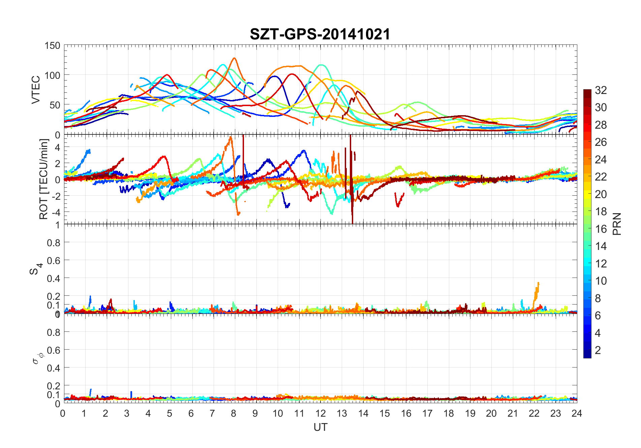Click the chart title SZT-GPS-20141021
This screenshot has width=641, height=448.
click(320, 34)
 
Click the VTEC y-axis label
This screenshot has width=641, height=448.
click(36, 90)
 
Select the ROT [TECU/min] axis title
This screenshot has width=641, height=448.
click(43, 179)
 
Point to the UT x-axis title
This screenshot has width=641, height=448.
click(320, 427)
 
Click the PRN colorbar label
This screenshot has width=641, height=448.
click(617, 224)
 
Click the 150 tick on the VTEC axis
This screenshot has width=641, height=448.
click(52, 46)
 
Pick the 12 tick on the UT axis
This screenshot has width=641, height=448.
click(320, 414)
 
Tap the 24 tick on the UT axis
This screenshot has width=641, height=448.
click(577, 414)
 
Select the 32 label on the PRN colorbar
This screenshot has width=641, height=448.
click(601, 90)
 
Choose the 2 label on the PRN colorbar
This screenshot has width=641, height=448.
click(598, 350)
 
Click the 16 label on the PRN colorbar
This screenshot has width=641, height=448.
click(601, 229)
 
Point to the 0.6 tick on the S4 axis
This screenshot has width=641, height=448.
click(54, 260)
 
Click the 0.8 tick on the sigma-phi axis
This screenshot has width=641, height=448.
click(54, 332)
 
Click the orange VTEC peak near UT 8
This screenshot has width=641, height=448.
click(234, 59)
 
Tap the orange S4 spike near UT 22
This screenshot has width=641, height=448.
click(538, 284)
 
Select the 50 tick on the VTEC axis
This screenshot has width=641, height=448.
click(55, 105)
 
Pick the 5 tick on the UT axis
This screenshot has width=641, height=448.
click(170, 414)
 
